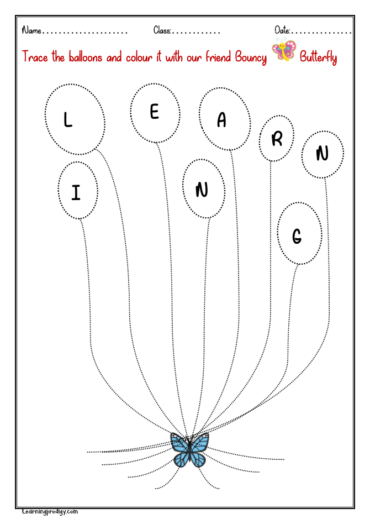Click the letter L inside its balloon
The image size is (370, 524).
pos(67,120)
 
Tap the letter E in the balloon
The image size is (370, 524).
pos(154,112)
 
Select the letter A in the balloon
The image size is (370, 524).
pos(221,120)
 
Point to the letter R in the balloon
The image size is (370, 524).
pos(277,139)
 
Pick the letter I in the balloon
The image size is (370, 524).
pos(76,192)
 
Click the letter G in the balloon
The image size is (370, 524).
pos(297,237)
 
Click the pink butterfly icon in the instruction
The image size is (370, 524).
pos(284,51)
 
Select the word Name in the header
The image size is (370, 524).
pos(31,30)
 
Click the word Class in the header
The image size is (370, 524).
pos(162,30)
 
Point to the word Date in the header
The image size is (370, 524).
pos(282,30)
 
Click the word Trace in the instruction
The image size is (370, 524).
pos(35,57)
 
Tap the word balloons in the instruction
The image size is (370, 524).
pos(85,57)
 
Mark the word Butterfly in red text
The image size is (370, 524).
pos(318,57)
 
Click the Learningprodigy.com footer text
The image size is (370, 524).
pos(50,512)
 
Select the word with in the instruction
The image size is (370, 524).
pos(177,57)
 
